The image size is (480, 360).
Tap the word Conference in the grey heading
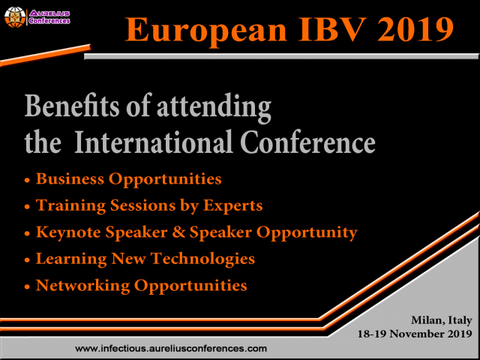point(316,142)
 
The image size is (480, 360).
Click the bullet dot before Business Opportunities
point(28,181)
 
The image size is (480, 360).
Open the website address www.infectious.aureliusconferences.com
point(172,349)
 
